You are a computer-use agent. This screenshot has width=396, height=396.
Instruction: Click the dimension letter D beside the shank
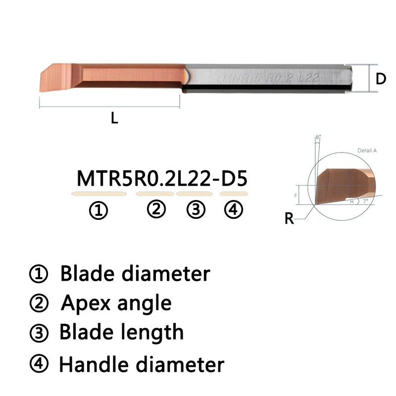(x=380, y=78)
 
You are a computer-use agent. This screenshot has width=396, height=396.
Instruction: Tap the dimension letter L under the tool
(x=114, y=118)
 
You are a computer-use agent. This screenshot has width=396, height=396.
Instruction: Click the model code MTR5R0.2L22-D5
(x=161, y=178)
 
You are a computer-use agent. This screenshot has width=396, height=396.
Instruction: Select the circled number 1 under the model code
(x=98, y=211)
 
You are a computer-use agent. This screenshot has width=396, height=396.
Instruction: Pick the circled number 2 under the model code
(x=156, y=210)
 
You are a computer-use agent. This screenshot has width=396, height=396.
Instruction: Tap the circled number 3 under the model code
(x=196, y=210)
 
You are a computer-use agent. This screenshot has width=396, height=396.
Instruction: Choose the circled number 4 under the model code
(x=233, y=210)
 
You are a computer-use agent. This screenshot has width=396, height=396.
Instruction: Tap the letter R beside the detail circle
(x=289, y=218)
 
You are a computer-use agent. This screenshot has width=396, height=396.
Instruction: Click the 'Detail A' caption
(x=367, y=150)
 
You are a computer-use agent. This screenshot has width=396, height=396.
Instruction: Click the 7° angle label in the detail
(x=365, y=202)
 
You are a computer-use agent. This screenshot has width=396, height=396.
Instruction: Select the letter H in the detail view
(x=351, y=201)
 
